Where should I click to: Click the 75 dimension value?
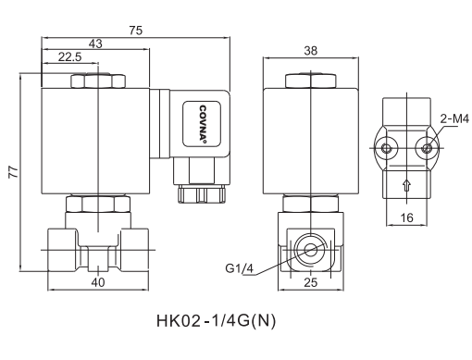pos(136,31)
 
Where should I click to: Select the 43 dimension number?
pos(95,44)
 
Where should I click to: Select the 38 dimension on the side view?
pos(311,51)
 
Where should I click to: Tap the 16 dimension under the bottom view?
pos(407,217)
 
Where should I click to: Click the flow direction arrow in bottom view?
pos(405,185)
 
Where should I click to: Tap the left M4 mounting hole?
pos(387,146)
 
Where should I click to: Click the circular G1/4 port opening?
pos(308,249)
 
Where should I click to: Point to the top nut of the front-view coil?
pos(95,81)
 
